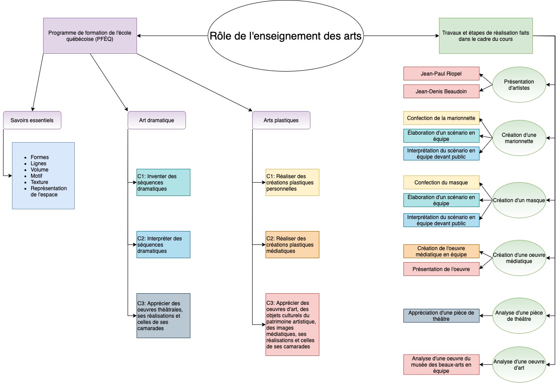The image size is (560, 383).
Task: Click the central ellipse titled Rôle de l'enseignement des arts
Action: point(286,36)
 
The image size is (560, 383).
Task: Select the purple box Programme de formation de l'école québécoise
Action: point(90,36)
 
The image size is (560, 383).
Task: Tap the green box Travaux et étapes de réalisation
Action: point(486,36)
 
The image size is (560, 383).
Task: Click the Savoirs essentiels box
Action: point(32,120)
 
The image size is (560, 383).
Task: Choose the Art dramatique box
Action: point(157,120)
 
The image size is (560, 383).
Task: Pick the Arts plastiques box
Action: point(281,120)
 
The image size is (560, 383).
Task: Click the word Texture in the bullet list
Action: point(39,182)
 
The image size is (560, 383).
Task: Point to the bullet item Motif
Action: point(36,176)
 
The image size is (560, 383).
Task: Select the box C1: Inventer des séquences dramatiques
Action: point(163,182)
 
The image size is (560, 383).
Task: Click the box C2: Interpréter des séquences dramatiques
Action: point(163,244)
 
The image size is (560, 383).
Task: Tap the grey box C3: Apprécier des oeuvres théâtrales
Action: point(163,315)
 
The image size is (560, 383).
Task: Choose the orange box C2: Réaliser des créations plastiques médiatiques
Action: point(292,244)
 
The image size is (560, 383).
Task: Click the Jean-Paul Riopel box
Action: point(441,74)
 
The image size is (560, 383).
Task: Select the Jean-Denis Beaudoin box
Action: point(441,92)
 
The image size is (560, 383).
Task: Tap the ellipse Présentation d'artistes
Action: point(519,84)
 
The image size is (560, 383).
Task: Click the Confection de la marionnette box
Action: point(441,118)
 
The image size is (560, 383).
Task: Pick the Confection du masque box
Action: point(441,183)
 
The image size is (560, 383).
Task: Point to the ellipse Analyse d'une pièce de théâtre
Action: point(519,315)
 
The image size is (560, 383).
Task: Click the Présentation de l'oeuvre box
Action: point(441,269)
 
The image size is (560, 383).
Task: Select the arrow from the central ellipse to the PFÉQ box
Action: point(173,36)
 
